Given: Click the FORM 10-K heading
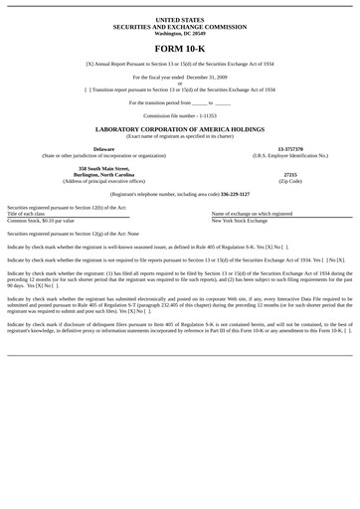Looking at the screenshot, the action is click(180, 48).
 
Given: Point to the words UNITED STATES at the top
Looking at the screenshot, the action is click(180, 19).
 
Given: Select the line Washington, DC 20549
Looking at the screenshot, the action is click(180, 33).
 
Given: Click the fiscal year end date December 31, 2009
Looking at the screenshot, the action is click(207, 77).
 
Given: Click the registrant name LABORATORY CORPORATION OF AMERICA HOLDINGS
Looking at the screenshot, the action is click(180, 129).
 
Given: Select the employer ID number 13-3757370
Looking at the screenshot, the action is click(289, 149).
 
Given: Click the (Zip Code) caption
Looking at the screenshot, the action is click(289, 182).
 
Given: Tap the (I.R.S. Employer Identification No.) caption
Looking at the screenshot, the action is click(289, 156).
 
